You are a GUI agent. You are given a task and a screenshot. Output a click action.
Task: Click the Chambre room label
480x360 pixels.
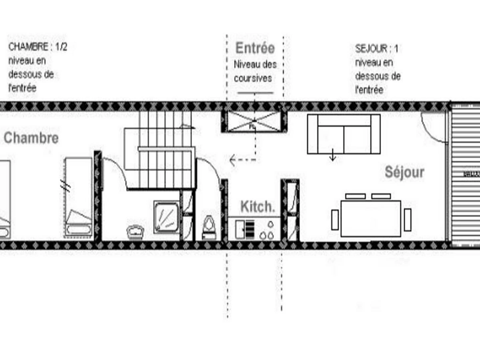point(31,138)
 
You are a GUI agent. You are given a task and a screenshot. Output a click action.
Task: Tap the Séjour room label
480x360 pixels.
point(404,172)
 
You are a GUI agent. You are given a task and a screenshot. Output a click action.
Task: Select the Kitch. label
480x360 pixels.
point(258,207)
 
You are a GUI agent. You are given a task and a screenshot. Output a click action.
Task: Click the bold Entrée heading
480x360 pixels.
point(255,48)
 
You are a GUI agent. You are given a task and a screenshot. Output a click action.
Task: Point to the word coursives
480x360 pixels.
point(253,78)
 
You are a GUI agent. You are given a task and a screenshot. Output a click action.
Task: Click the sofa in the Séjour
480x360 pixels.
point(344,134)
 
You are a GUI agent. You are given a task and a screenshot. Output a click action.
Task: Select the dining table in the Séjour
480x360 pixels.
point(371,218)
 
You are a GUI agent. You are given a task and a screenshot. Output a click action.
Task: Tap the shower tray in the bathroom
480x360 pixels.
point(166,216)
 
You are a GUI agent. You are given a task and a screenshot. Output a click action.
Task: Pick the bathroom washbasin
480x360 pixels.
point(135,231)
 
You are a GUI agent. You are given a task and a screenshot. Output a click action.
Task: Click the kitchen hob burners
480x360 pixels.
point(266,230)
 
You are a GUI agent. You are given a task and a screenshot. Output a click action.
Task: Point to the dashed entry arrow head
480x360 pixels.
point(232,161)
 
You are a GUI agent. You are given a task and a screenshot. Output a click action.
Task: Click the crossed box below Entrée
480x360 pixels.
point(254,121)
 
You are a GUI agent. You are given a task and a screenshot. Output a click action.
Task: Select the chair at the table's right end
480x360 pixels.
point(407,220)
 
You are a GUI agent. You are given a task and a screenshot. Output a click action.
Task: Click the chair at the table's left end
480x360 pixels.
point(335,220)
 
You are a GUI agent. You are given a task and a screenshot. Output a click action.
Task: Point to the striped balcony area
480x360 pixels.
point(465,174)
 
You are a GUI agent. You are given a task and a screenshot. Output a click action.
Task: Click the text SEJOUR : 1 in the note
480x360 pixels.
point(376,49)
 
